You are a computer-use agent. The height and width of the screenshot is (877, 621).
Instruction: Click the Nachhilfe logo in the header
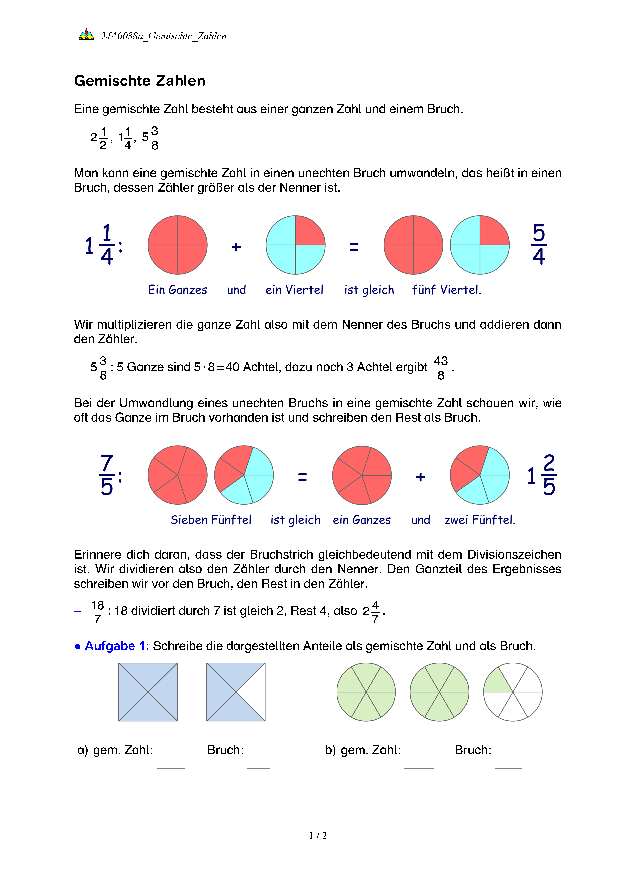86,35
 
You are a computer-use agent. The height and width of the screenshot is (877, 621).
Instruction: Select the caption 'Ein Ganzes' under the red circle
178,290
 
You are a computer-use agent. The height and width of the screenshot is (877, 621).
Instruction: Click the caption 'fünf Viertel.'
446,290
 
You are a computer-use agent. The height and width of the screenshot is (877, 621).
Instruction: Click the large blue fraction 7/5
107,475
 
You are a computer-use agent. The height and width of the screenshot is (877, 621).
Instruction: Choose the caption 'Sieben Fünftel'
211,520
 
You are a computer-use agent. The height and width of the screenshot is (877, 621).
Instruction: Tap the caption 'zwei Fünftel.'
480,520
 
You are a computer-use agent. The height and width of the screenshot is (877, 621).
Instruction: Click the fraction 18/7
97,611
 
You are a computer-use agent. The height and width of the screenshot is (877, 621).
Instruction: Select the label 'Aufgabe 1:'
117,646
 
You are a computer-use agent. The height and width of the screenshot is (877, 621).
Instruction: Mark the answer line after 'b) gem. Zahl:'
419,767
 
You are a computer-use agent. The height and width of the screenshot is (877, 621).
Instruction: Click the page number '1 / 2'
318,836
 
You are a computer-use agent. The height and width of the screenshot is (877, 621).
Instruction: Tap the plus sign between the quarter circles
236,247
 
